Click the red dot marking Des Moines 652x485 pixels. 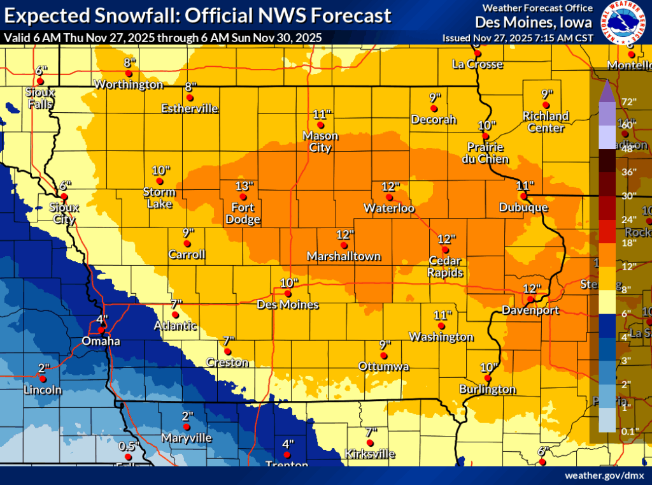[288, 294]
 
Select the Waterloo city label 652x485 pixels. [389, 208]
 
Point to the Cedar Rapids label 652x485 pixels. [446, 267]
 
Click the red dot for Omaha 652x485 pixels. [101, 329]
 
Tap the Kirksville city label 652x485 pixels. [369, 454]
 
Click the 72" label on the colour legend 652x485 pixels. [629, 102]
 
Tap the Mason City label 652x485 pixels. [320, 141]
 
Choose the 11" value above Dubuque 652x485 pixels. [524, 185]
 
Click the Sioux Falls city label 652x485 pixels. [40, 98]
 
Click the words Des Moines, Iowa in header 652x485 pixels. [534, 22]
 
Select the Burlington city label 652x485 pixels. [488, 389]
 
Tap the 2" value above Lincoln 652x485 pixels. [44, 368]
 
